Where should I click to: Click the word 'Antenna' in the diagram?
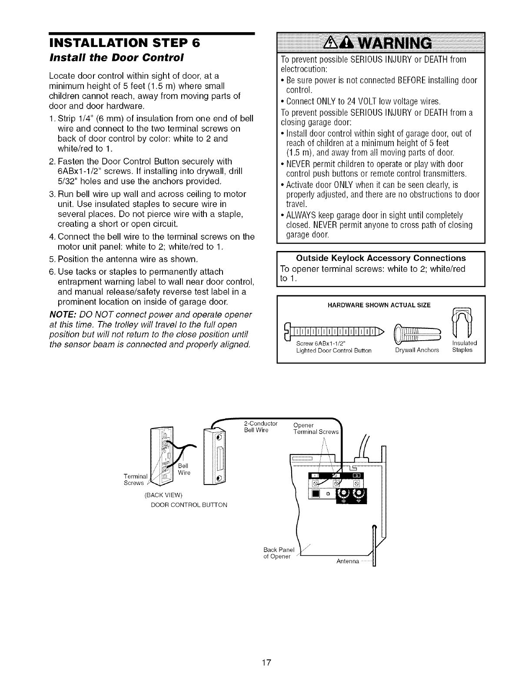coord(348,562)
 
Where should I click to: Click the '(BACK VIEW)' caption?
coord(165,495)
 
